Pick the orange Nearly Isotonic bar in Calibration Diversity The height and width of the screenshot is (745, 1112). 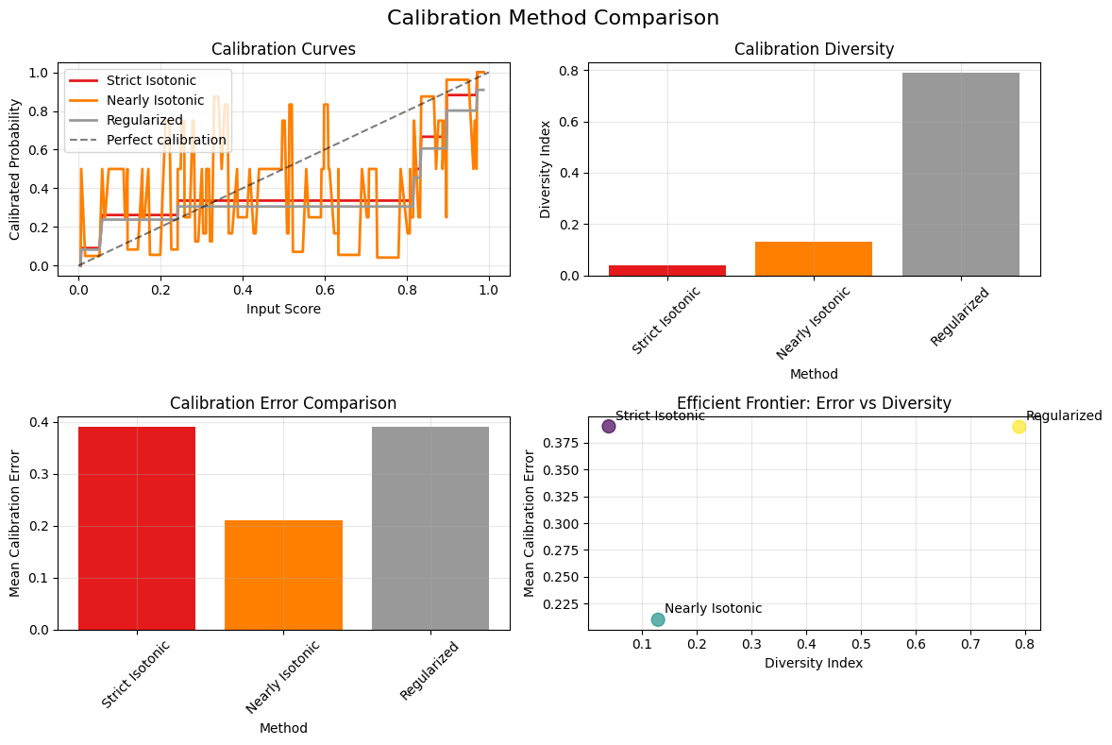tap(814, 259)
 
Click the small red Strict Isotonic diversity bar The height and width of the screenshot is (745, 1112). tap(666, 270)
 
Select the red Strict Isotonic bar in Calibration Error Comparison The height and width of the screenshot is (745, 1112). tap(137, 528)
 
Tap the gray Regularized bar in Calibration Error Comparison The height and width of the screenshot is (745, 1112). tap(430, 528)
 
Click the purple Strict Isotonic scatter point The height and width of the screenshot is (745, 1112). tap(609, 426)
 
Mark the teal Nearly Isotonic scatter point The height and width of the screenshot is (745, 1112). tap(658, 619)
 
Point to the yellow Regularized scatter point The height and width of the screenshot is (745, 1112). tap(1019, 427)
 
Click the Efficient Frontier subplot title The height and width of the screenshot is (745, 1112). tap(814, 403)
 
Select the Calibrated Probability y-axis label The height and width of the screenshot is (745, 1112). tap(15, 166)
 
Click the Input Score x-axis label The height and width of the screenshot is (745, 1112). tap(283, 309)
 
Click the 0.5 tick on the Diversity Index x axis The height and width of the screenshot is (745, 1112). tap(861, 645)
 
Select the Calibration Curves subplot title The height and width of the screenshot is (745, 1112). tap(283, 49)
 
